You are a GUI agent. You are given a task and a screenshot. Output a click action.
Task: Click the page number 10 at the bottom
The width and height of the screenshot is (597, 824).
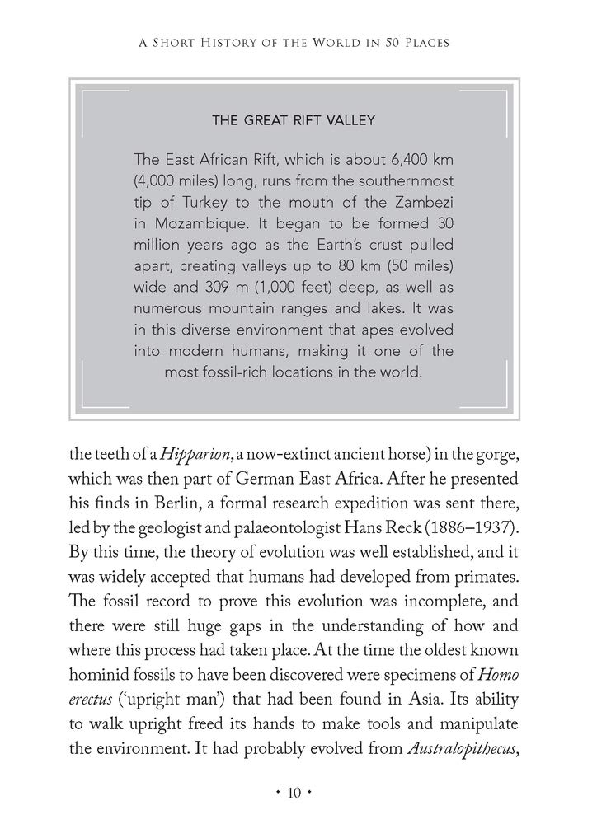click(298, 794)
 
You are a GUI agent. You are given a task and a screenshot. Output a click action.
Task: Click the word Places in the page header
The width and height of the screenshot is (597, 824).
click(422, 41)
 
